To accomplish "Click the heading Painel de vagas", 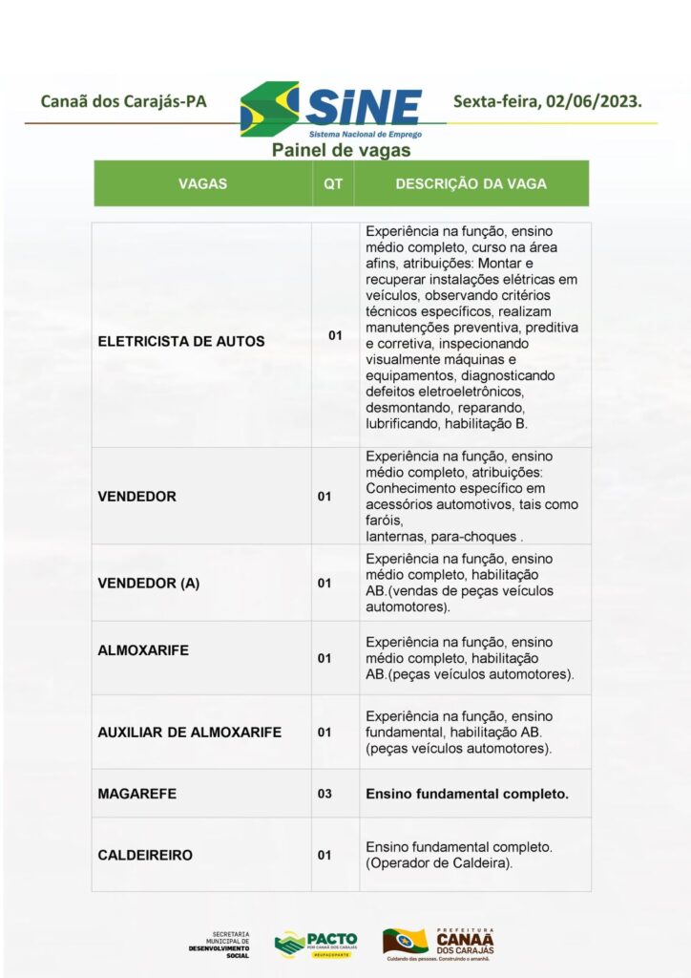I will [341, 150].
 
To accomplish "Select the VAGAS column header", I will [202, 183].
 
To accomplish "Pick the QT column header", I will [333, 183].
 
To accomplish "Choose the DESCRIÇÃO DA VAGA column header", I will [471, 183].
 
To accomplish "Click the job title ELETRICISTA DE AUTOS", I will [181, 340].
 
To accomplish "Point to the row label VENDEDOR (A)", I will [149, 583].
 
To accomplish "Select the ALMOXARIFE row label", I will [143, 650].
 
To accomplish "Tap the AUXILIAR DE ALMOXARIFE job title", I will [189, 733].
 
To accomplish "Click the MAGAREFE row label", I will [137, 794].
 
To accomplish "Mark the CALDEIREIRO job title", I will [145, 855].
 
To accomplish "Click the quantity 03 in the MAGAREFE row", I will [325, 794].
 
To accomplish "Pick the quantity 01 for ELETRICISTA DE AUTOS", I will [335, 335].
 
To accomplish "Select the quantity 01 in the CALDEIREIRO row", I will [325, 855].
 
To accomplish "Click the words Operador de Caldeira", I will [440, 863].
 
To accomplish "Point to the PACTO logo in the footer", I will [316, 944].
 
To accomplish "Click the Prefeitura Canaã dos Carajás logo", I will [439, 944].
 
